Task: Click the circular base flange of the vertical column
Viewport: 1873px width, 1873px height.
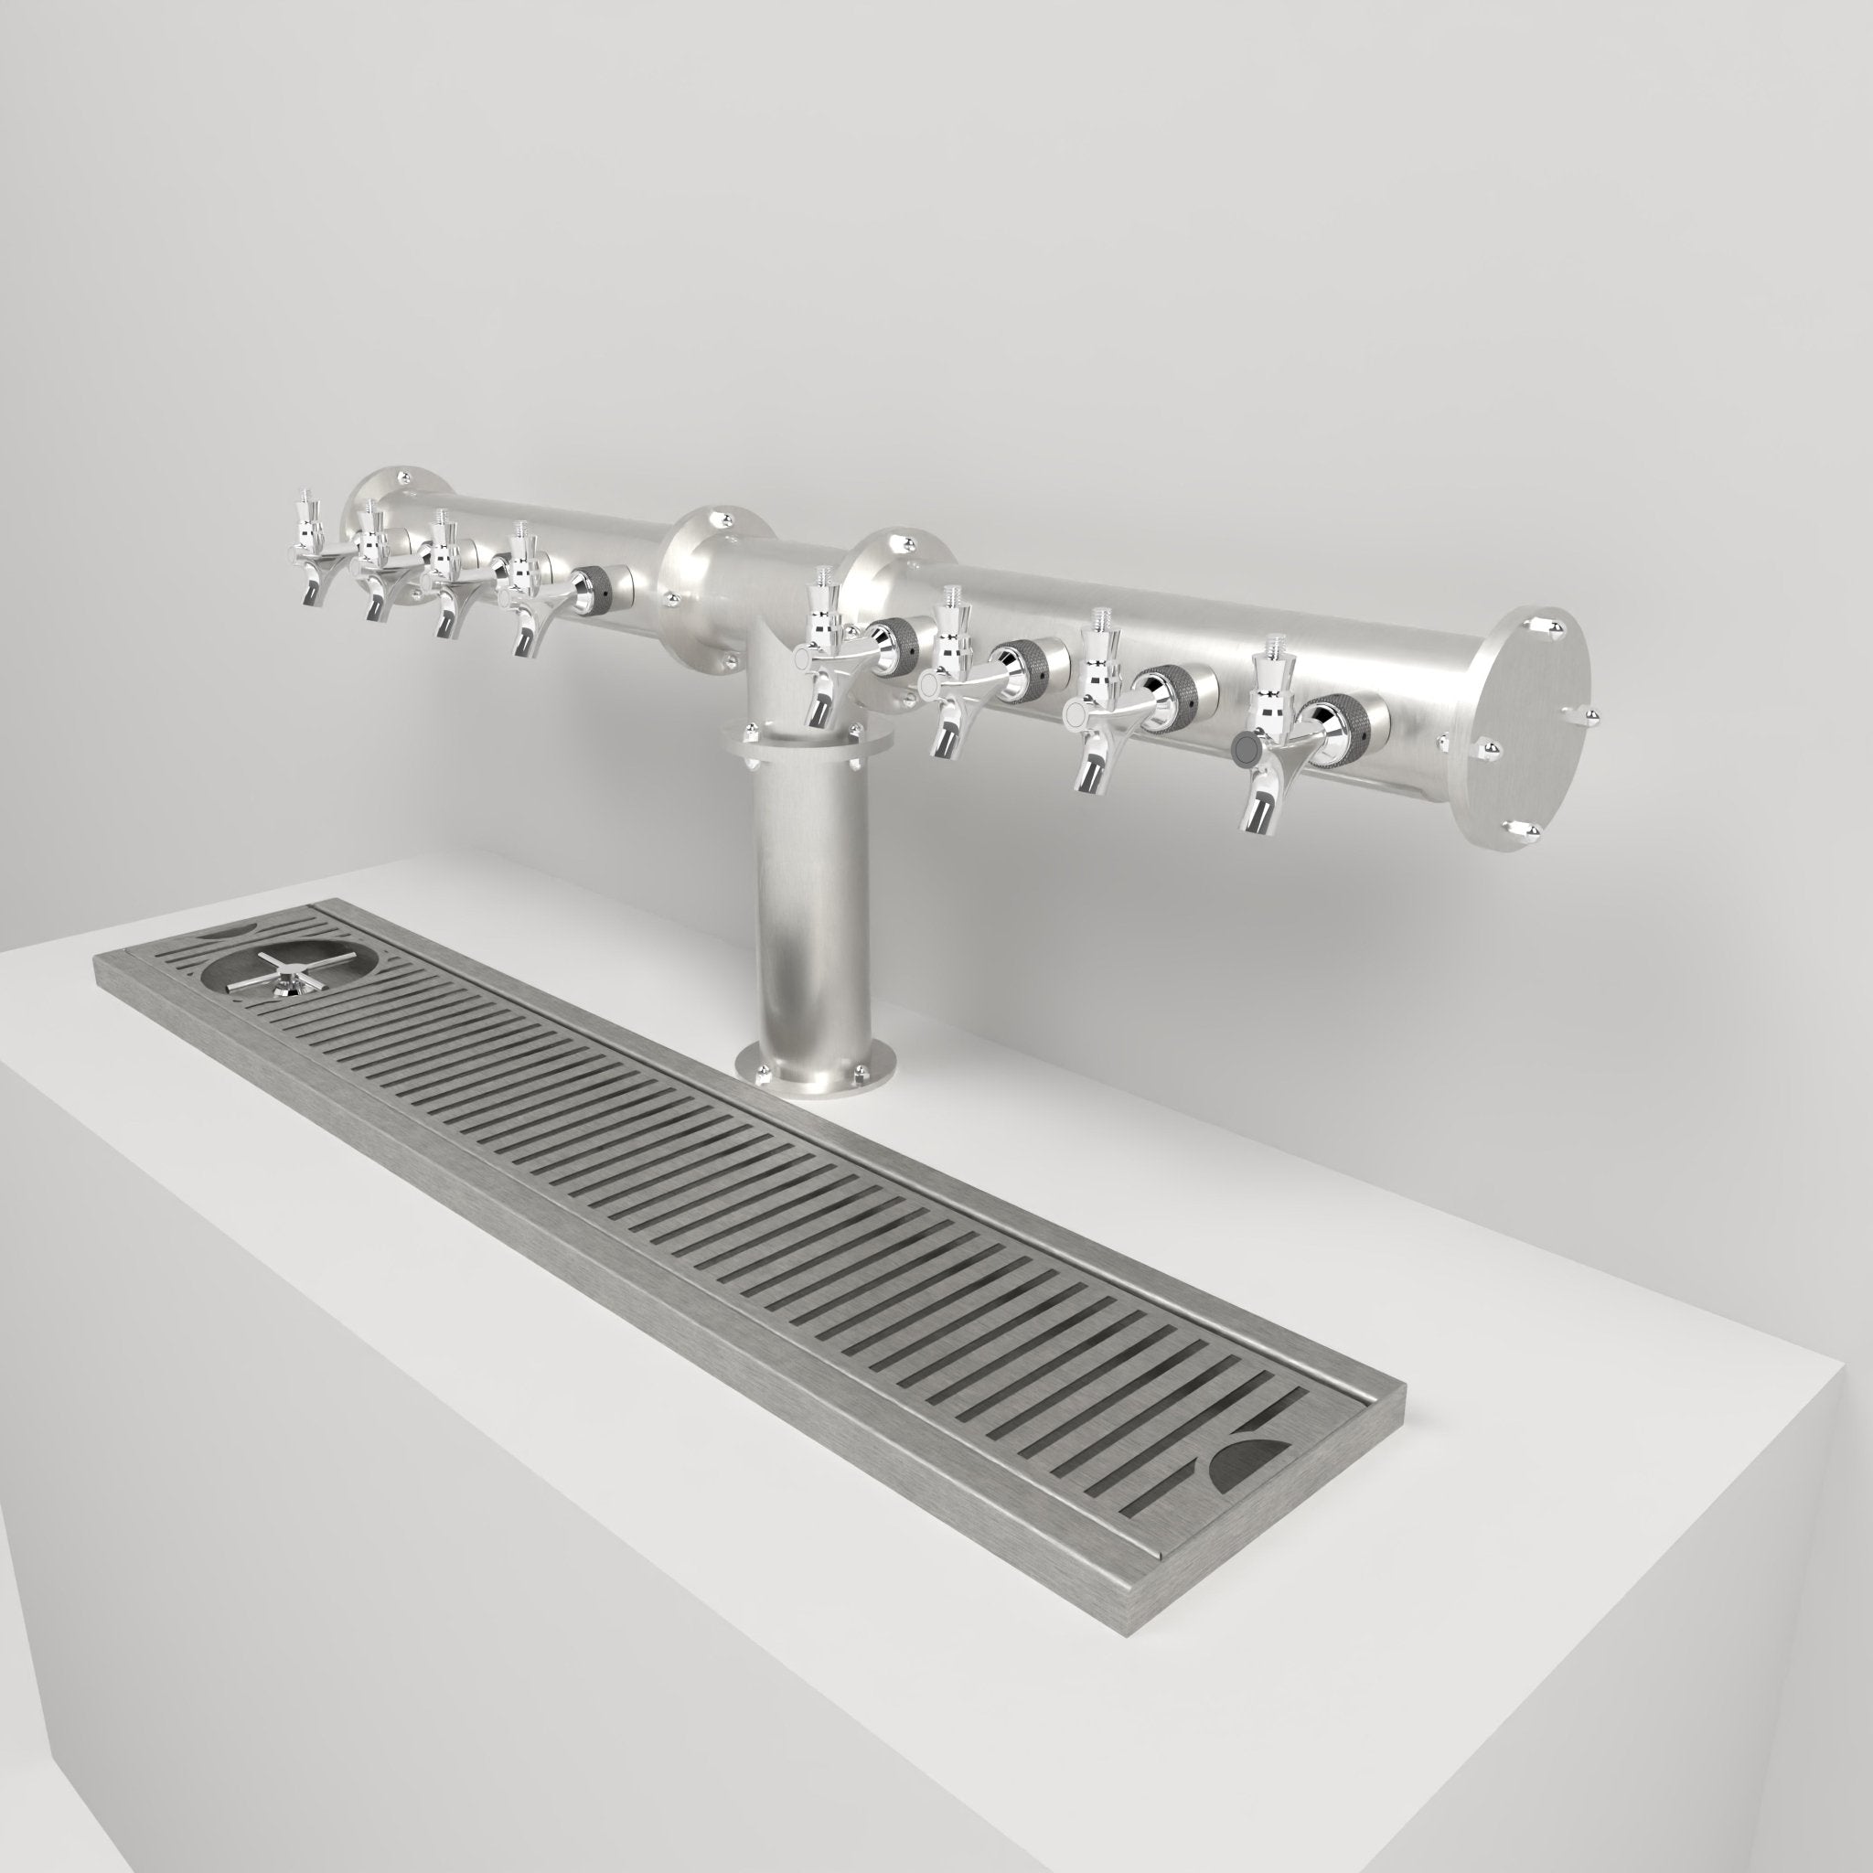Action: coord(813,1076)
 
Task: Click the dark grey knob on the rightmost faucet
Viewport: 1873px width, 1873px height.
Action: coord(1245,747)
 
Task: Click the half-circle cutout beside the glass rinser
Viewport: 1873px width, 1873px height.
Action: coord(224,933)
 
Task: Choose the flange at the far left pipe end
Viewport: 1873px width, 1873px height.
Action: coord(398,504)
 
